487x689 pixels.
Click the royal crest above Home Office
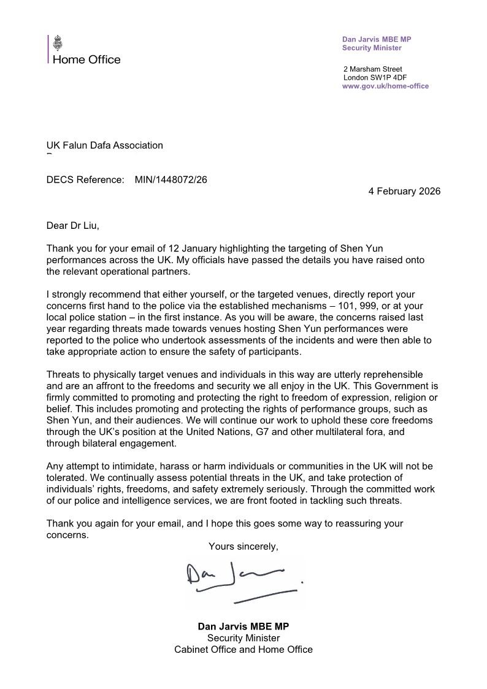tap(58, 44)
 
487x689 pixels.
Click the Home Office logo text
tap(86, 60)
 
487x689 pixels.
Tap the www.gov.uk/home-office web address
tap(385, 87)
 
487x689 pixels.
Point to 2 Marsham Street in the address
tap(373, 69)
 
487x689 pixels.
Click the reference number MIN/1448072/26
tap(167, 180)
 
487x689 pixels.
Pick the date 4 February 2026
tap(404, 191)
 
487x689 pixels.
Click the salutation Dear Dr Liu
tap(72, 226)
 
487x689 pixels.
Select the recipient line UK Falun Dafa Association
tap(105, 145)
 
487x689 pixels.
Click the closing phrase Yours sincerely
tap(243, 545)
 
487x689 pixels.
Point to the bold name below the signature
tap(243, 626)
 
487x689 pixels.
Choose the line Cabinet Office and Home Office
tap(243, 649)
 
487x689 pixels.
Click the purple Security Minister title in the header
tap(372, 48)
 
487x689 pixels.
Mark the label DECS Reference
tap(85, 180)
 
